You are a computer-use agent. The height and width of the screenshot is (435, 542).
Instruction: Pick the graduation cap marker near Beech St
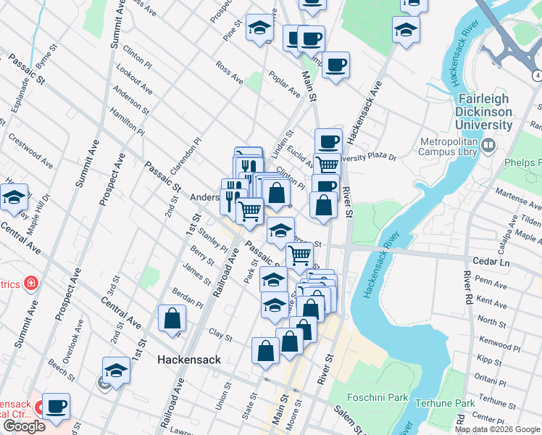[x=116, y=370]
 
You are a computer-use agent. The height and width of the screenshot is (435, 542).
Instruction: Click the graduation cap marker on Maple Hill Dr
[x=14, y=196]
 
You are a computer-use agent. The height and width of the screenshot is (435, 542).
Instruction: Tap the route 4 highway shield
[x=537, y=75]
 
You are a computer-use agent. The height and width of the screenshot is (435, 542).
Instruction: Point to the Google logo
[x=24, y=426]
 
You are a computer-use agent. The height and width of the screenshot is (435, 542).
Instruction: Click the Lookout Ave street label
[x=138, y=80]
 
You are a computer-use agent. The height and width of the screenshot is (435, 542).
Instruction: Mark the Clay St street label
[x=220, y=336]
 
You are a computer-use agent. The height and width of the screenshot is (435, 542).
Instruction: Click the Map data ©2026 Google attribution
[x=496, y=429]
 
